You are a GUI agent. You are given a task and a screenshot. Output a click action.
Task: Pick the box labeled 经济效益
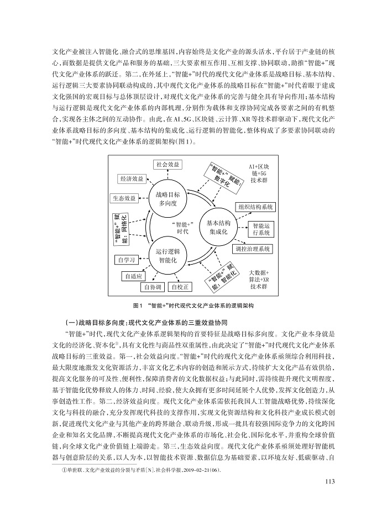click(x=131, y=178)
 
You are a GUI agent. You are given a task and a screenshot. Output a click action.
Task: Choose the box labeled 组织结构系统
click(x=255, y=207)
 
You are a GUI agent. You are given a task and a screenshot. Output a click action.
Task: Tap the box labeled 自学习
click(x=127, y=259)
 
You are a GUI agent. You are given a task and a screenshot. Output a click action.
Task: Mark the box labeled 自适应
click(x=134, y=276)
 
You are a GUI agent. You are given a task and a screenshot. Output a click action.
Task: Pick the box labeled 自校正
click(x=181, y=287)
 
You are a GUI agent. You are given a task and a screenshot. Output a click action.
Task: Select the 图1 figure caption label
click(x=138, y=305)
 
